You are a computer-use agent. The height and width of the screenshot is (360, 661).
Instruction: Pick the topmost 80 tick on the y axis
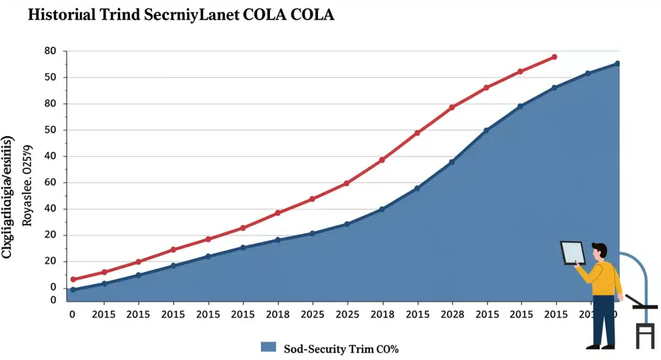click(50, 51)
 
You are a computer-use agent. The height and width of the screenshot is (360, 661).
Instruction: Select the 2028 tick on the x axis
click(452, 314)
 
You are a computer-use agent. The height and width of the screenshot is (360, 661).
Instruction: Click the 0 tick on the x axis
click(72, 314)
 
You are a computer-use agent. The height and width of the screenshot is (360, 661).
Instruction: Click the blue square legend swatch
click(268, 347)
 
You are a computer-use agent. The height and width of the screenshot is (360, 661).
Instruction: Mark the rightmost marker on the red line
click(555, 57)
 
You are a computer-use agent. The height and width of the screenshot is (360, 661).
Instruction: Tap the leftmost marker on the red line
click(73, 280)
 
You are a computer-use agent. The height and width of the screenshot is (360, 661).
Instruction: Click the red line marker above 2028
click(452, 107)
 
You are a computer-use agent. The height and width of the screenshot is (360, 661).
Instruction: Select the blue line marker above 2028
click(452, 162)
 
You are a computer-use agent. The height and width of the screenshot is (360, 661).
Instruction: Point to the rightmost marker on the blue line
click(617, 64)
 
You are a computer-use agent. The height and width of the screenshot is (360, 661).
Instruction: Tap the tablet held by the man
click(573, 253)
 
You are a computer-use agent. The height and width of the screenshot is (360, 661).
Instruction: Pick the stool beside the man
click(644, 330)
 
